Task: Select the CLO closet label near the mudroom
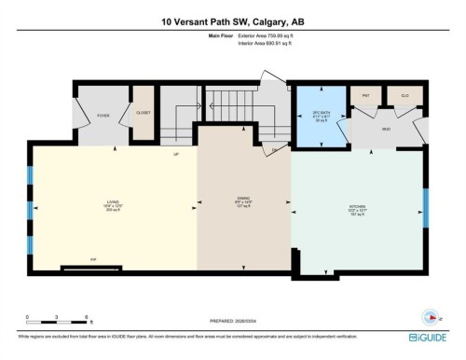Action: [404, 95]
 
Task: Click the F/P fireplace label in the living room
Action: [93, 258]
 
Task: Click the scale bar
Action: [56, 324]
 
